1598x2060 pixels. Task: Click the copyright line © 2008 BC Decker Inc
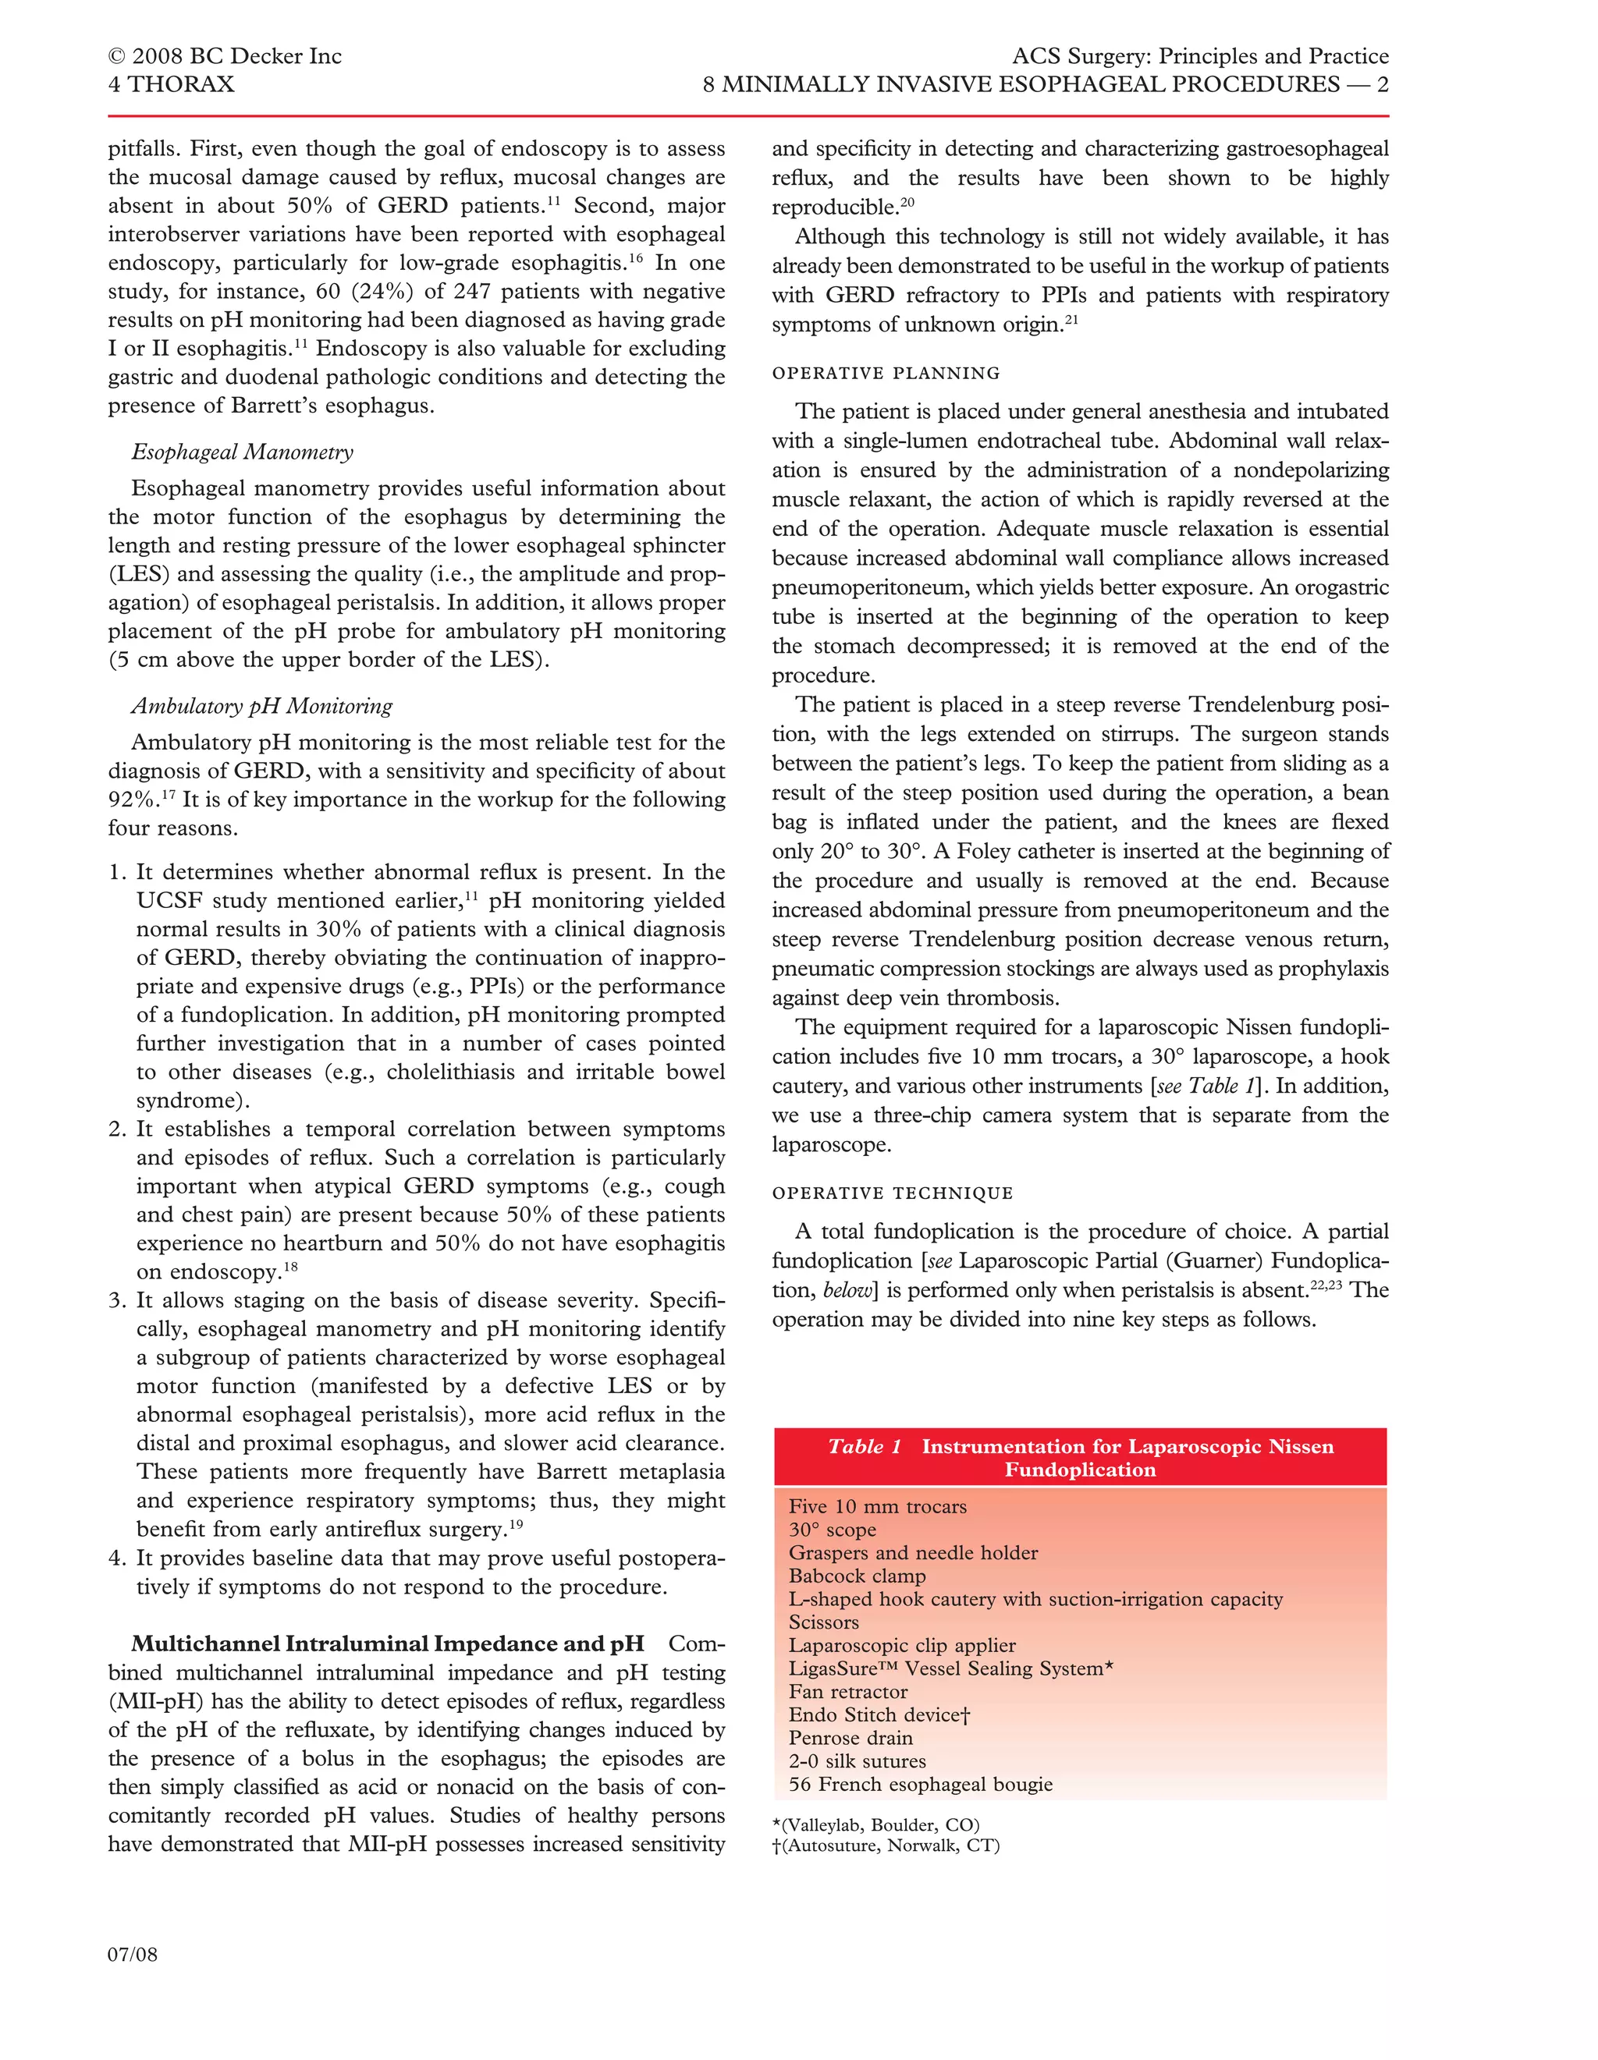tap(225, 57)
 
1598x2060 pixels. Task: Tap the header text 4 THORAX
tap(171, 85)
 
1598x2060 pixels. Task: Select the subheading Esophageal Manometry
tap(243, 452)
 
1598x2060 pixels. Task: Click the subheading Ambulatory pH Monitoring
tap(261, 706)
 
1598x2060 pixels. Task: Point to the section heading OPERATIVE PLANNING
tap(886, 374)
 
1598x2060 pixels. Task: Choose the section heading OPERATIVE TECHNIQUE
tap(893, 1193)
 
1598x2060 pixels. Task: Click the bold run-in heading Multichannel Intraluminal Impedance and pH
tap(388, 1644)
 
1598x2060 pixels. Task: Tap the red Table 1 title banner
tap(1080, 1457)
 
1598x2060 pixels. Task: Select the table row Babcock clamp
tap(858, 1576)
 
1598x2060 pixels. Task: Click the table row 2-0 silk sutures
tap(858, 1761)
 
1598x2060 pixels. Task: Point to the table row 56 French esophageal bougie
tap(921, 1785)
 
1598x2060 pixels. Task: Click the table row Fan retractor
tap(848, 1692)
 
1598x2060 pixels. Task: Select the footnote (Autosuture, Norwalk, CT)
tap(886, 1846)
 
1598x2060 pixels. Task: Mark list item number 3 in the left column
tap(116, 1301)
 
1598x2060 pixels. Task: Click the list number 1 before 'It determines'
tap(116, 873)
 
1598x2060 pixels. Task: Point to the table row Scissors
tap(823, 1622)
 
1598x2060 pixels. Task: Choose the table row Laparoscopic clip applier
tap(902, 1646)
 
